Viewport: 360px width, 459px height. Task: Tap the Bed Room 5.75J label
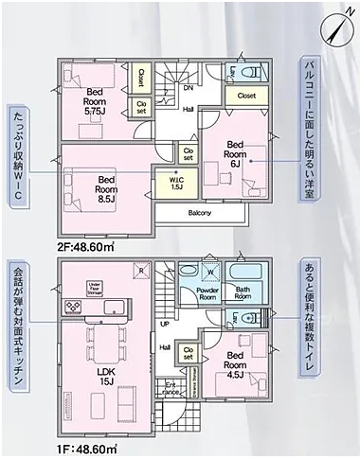coord(95,100)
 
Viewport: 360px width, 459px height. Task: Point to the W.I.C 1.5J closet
coord(177,183)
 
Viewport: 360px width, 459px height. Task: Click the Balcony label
coord(199,213)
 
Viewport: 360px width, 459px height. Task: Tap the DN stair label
coord(189,87)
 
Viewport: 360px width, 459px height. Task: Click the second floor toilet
coord(251,73)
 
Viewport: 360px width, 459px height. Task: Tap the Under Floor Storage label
coord(94,287)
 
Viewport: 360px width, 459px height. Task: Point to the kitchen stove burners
coord(74,309)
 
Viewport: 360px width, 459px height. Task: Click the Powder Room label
coord(208,293)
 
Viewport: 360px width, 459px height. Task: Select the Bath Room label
coord(243,293)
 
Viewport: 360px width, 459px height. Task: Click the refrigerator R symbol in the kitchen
coord(141,270)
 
